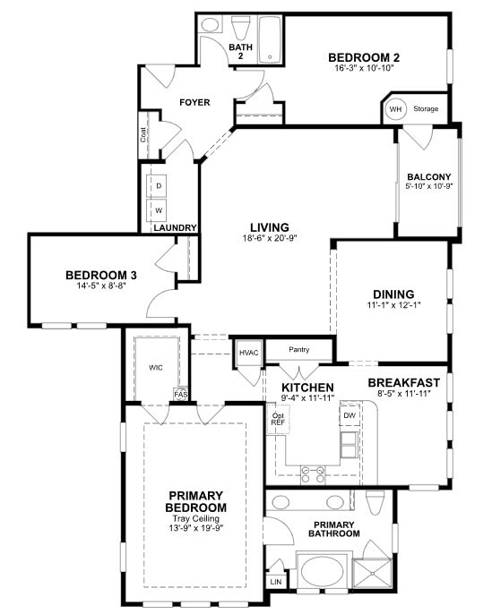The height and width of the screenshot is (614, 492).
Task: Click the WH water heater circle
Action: tap(395, 109)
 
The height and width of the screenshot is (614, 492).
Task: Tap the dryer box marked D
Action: tap(159, 185)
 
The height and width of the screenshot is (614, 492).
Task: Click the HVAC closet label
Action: tap(248, 353)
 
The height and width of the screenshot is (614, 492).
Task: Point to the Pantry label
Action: tap(298, 350)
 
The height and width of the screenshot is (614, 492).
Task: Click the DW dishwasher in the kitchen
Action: tap(349, 416)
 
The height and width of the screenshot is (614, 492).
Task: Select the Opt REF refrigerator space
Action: tap(279, 419)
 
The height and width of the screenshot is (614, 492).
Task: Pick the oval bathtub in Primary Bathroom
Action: tap(320, 570)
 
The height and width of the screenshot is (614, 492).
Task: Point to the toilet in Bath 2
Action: tap(240, 26)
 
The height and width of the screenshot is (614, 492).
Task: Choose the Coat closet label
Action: tap(143, 135)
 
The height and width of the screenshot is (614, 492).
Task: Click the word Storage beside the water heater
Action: tap(426, 109)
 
